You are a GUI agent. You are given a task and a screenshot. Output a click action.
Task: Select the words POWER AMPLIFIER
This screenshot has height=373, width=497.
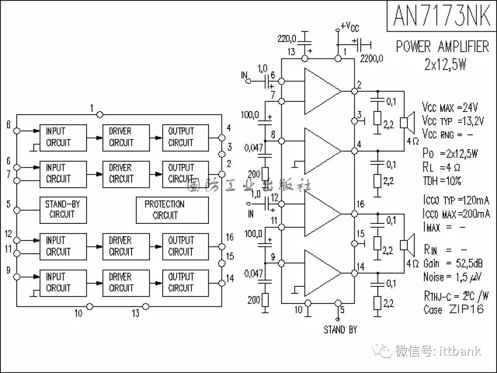pyautogui.click(x=442, y=47)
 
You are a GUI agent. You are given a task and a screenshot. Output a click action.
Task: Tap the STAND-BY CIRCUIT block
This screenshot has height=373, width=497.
pyautogui.click(x=62, y=210)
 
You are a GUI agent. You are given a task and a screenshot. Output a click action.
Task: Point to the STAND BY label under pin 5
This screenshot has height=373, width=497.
pyautogui.click(x=340, y=330)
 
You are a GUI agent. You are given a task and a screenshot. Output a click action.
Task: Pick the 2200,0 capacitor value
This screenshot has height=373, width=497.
pyautogui.click(x=371, y=58)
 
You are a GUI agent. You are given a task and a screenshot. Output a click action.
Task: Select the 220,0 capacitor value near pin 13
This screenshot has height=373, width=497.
pyautogui.click(x=287, y=38)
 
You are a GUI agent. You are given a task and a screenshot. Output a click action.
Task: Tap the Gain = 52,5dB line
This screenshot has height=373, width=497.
pyautogui.click(x=452, y=263)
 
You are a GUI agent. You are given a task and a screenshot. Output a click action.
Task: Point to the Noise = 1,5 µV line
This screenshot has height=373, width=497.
pyautogui.click(x=452, y=277)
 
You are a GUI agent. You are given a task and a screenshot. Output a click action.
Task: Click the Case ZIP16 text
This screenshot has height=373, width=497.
pyautogui.click(x=454, y=309)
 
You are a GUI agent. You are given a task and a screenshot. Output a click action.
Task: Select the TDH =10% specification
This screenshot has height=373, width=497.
pyautogui.click(x=442, y=181)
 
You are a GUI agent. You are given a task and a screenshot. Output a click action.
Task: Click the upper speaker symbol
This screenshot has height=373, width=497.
pyautogui.click(x=405, y=122)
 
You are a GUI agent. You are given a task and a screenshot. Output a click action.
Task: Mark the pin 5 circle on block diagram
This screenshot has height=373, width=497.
pyautogui.click(x=17, y=210)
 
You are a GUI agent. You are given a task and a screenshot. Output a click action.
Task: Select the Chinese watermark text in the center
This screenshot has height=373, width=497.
pyautogui.click(x=249, y=186)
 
